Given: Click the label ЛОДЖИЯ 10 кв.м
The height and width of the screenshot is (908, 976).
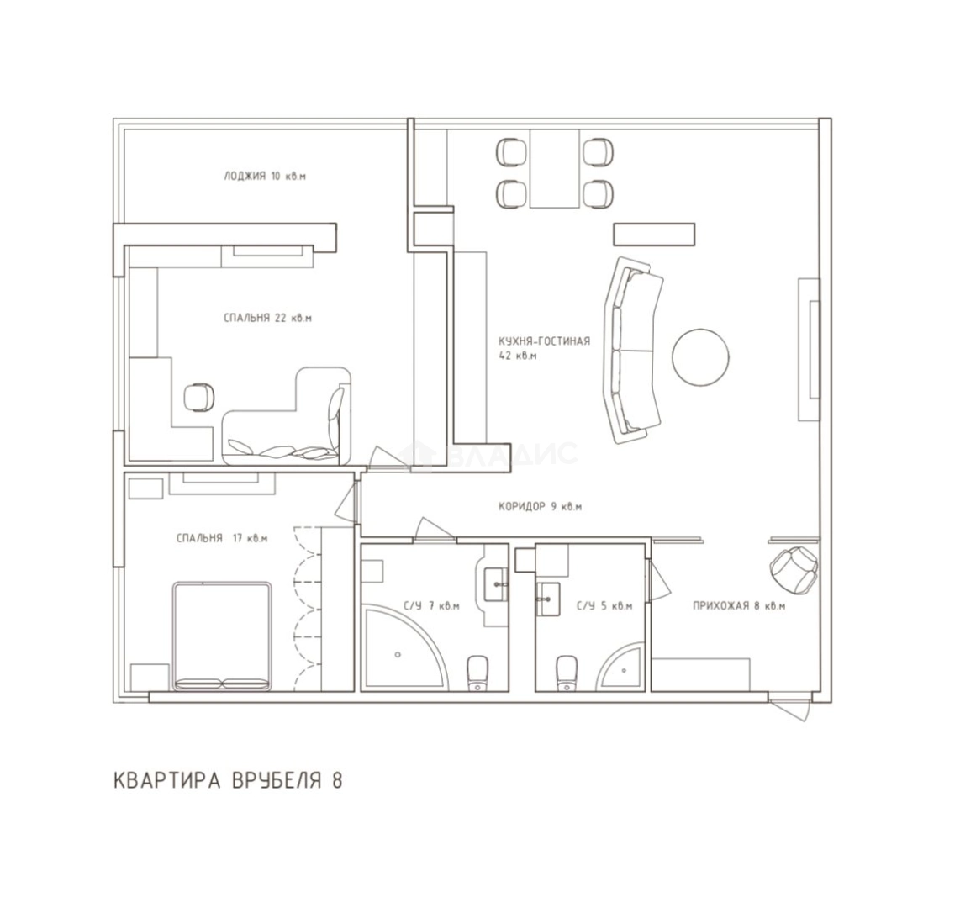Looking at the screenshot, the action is point(265,176).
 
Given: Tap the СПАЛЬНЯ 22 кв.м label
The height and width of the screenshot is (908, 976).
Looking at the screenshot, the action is point(267,318).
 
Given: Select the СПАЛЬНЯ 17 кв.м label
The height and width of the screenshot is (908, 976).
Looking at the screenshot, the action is point(222,538).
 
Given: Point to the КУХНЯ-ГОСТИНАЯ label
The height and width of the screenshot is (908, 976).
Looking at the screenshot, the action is point(544,341).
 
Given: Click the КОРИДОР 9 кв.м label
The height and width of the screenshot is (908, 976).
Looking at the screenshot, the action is point(541,507).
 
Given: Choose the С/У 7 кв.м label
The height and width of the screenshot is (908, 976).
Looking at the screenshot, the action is point(431,605).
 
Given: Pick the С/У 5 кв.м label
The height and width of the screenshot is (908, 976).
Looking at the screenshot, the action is point(604,605).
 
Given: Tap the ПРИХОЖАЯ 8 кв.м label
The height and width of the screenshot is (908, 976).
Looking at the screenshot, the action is point(739,605).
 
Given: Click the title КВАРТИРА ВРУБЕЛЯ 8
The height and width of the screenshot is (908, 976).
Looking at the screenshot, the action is point(228,780).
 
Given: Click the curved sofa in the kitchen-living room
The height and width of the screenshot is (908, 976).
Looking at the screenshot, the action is point(632,350).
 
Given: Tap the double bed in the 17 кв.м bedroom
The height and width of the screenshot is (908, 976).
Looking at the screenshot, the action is point(222,636).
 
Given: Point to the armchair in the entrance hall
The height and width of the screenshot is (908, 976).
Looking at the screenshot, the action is point(794,568).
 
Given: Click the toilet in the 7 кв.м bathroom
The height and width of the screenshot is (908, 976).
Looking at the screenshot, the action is point(478,673).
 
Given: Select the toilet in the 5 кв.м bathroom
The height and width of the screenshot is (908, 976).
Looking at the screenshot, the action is point(567,673).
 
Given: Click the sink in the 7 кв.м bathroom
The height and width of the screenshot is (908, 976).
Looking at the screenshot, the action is point(496,584).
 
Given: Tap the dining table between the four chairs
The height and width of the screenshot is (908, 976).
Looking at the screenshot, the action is point(555,169).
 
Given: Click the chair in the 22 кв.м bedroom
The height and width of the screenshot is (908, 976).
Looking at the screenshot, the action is point(200,397).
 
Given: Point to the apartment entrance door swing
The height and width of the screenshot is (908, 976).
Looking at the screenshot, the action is point(790,708).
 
